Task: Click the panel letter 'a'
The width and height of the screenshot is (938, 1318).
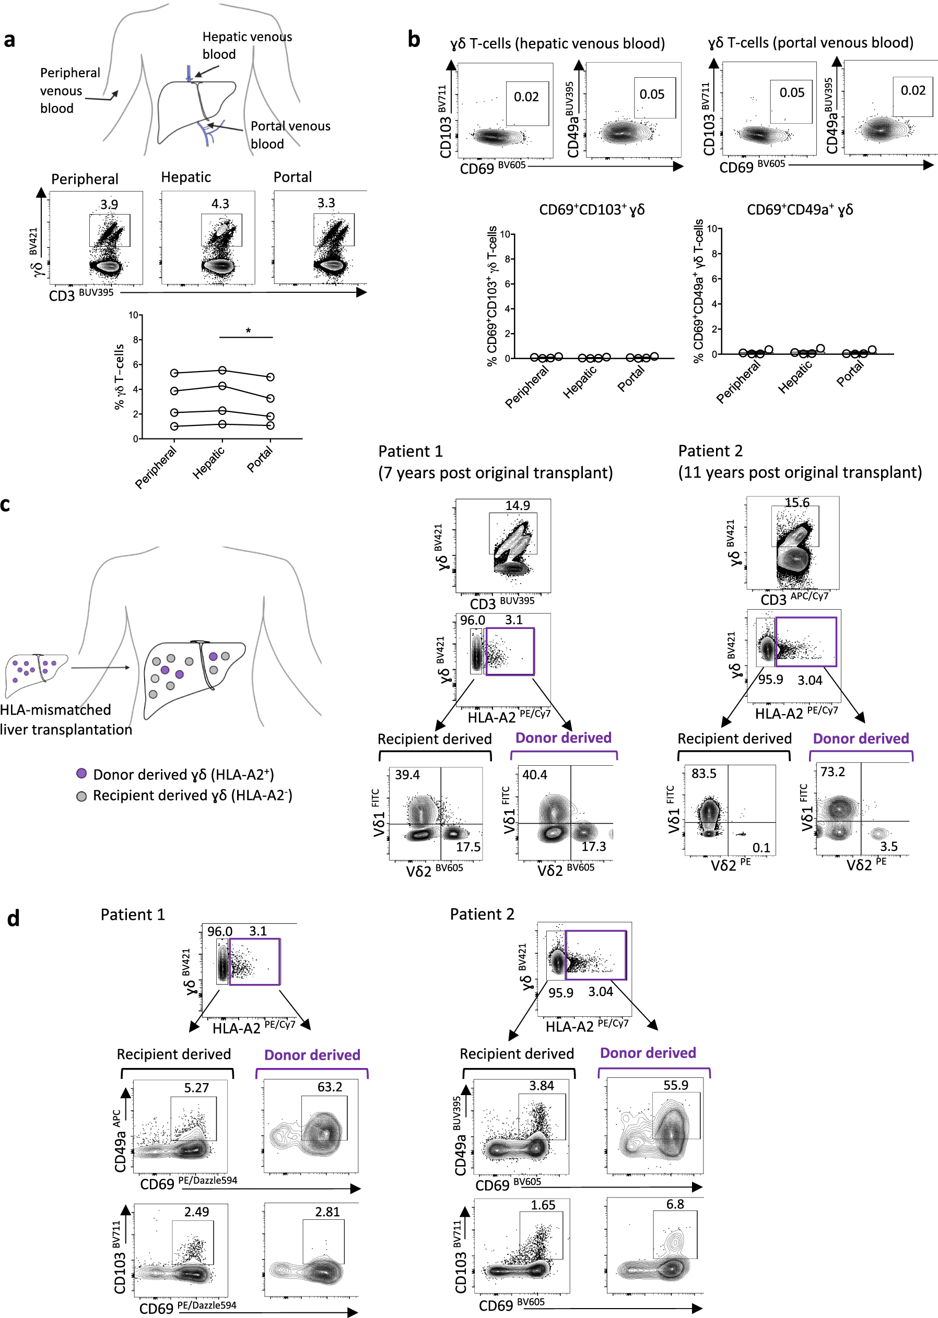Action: click(x=9, y=40)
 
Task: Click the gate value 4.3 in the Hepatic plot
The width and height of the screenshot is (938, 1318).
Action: click(x=220, y=204)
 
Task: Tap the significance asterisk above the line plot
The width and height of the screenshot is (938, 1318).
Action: click(x=249, y=331)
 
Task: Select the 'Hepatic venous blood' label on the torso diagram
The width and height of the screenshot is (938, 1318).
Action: click(x=247, y=45)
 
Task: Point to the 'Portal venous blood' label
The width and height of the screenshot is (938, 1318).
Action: click(x=290, y=135)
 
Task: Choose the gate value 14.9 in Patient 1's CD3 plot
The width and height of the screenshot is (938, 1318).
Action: click(x=518, y=505)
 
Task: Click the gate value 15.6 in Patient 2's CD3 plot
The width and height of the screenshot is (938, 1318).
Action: click(x=796, y=502)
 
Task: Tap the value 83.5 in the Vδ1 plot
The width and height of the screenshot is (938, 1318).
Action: click(x=704, y=773)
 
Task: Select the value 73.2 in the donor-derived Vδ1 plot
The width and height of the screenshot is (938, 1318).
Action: click(x=833, y=771)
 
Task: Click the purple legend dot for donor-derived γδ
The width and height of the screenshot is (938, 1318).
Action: click(x=82, y=773)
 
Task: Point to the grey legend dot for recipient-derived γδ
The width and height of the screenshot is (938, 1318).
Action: click(x=82, y=796)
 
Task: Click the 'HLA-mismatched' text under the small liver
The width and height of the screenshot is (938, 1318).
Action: click(x=55, y=709)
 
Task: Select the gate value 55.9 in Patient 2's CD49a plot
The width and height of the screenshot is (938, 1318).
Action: click(x=675, y=1085)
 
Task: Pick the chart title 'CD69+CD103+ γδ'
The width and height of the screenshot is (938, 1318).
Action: click(x=591, y=209)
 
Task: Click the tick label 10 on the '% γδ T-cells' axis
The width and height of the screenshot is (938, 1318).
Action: click(x=133, y=315)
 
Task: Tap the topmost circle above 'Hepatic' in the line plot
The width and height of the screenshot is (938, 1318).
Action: click(x=222, y=370)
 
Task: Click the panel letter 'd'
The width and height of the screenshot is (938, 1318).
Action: click(x=13, y=918)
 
